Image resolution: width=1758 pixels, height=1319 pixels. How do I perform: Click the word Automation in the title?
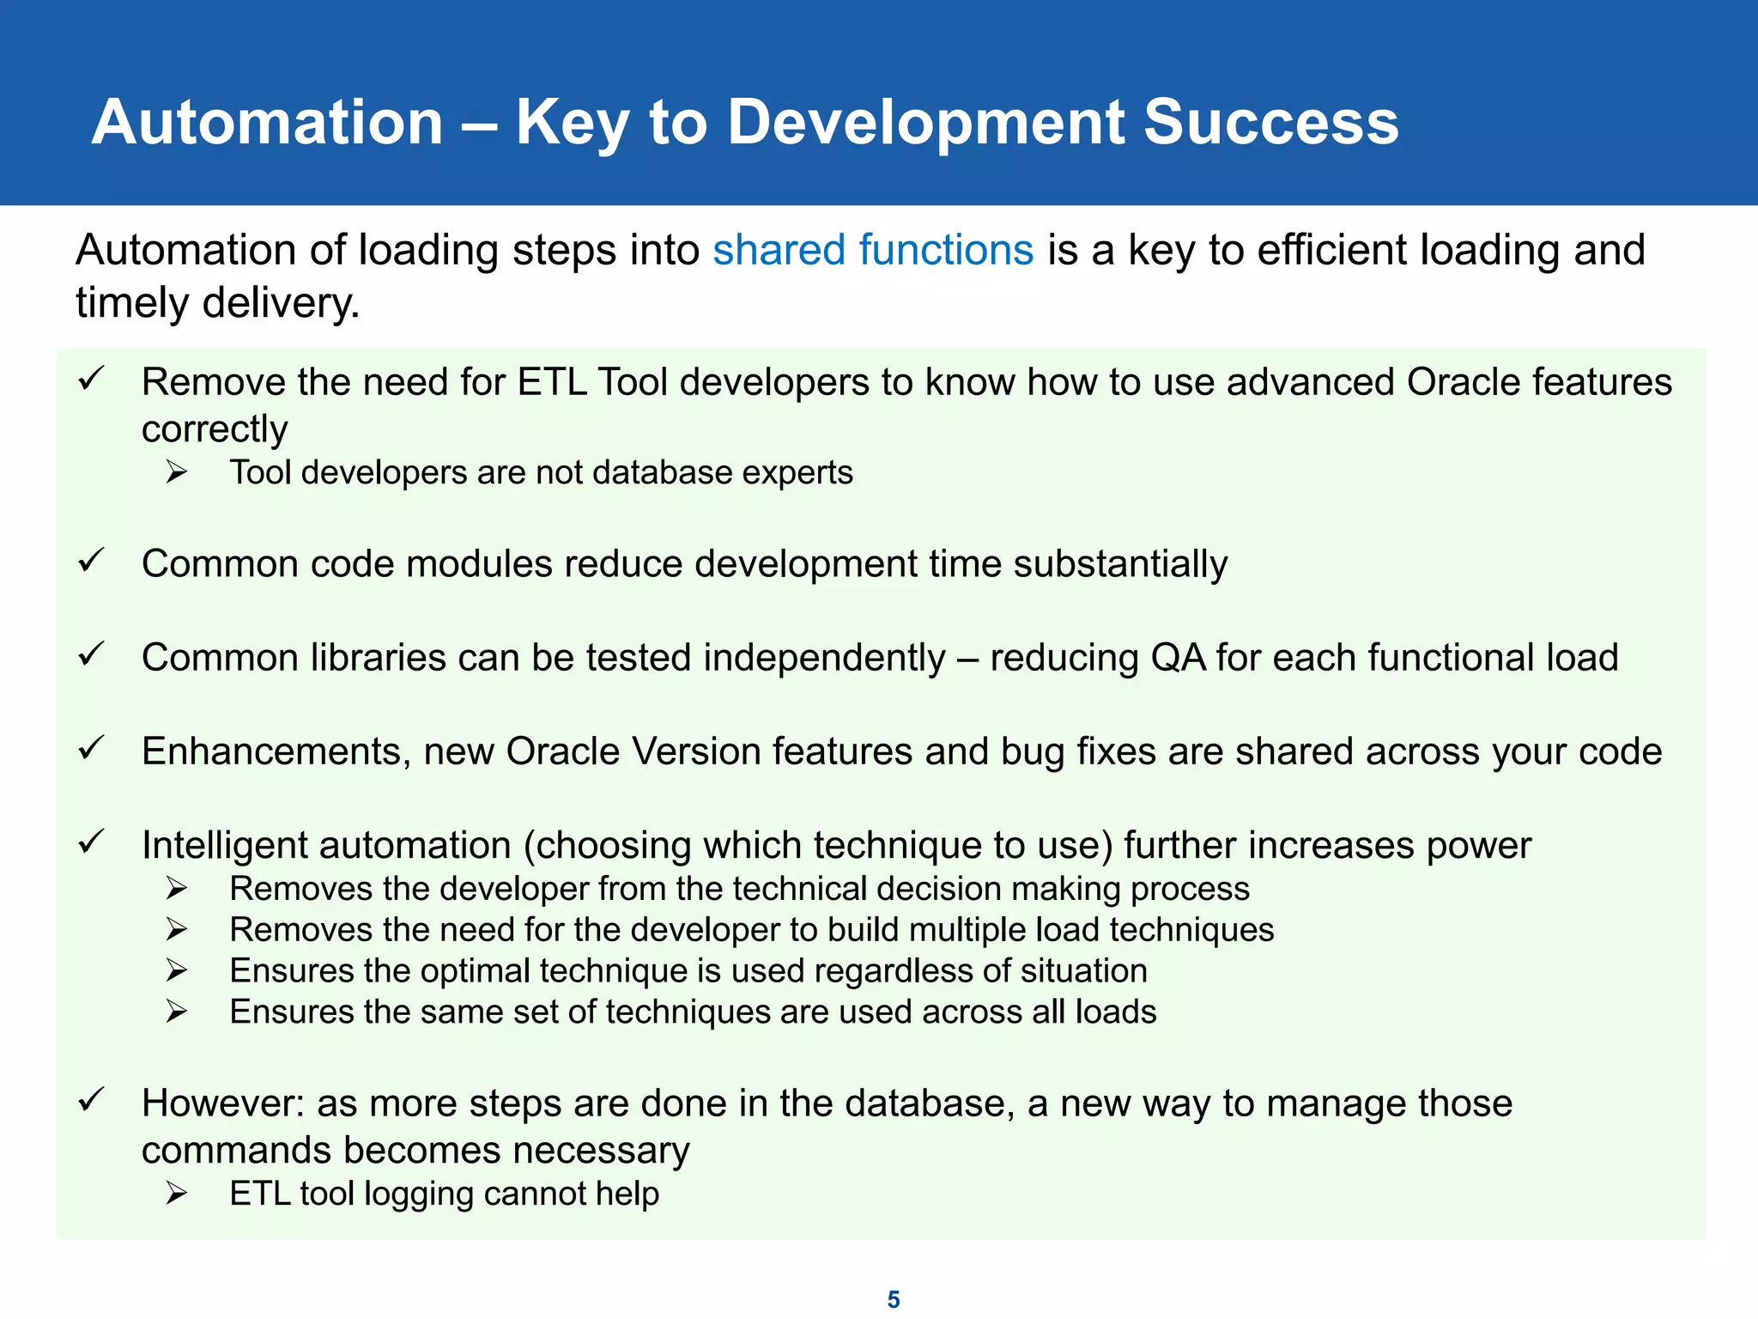pos(267,122)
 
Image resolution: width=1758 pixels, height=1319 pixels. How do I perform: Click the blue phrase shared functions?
pos(873,250)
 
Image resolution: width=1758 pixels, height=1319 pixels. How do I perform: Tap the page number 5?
pos(894,1299)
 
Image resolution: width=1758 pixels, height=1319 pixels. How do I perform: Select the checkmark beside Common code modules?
pos(91,561)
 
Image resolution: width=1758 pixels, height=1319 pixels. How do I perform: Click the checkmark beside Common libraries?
pos(91,654)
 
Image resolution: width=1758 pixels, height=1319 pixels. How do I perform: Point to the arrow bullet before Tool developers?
pos(177,471)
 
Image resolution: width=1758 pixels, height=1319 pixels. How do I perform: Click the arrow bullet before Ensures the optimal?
pos(177,970)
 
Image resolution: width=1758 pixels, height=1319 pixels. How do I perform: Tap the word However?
pos(223,1103)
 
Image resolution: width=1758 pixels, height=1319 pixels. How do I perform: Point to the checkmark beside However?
pos(91,1100)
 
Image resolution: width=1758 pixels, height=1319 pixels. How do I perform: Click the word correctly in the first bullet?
pos(215,429)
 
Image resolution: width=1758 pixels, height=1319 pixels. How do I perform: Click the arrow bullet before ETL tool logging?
pos(177,1193)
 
